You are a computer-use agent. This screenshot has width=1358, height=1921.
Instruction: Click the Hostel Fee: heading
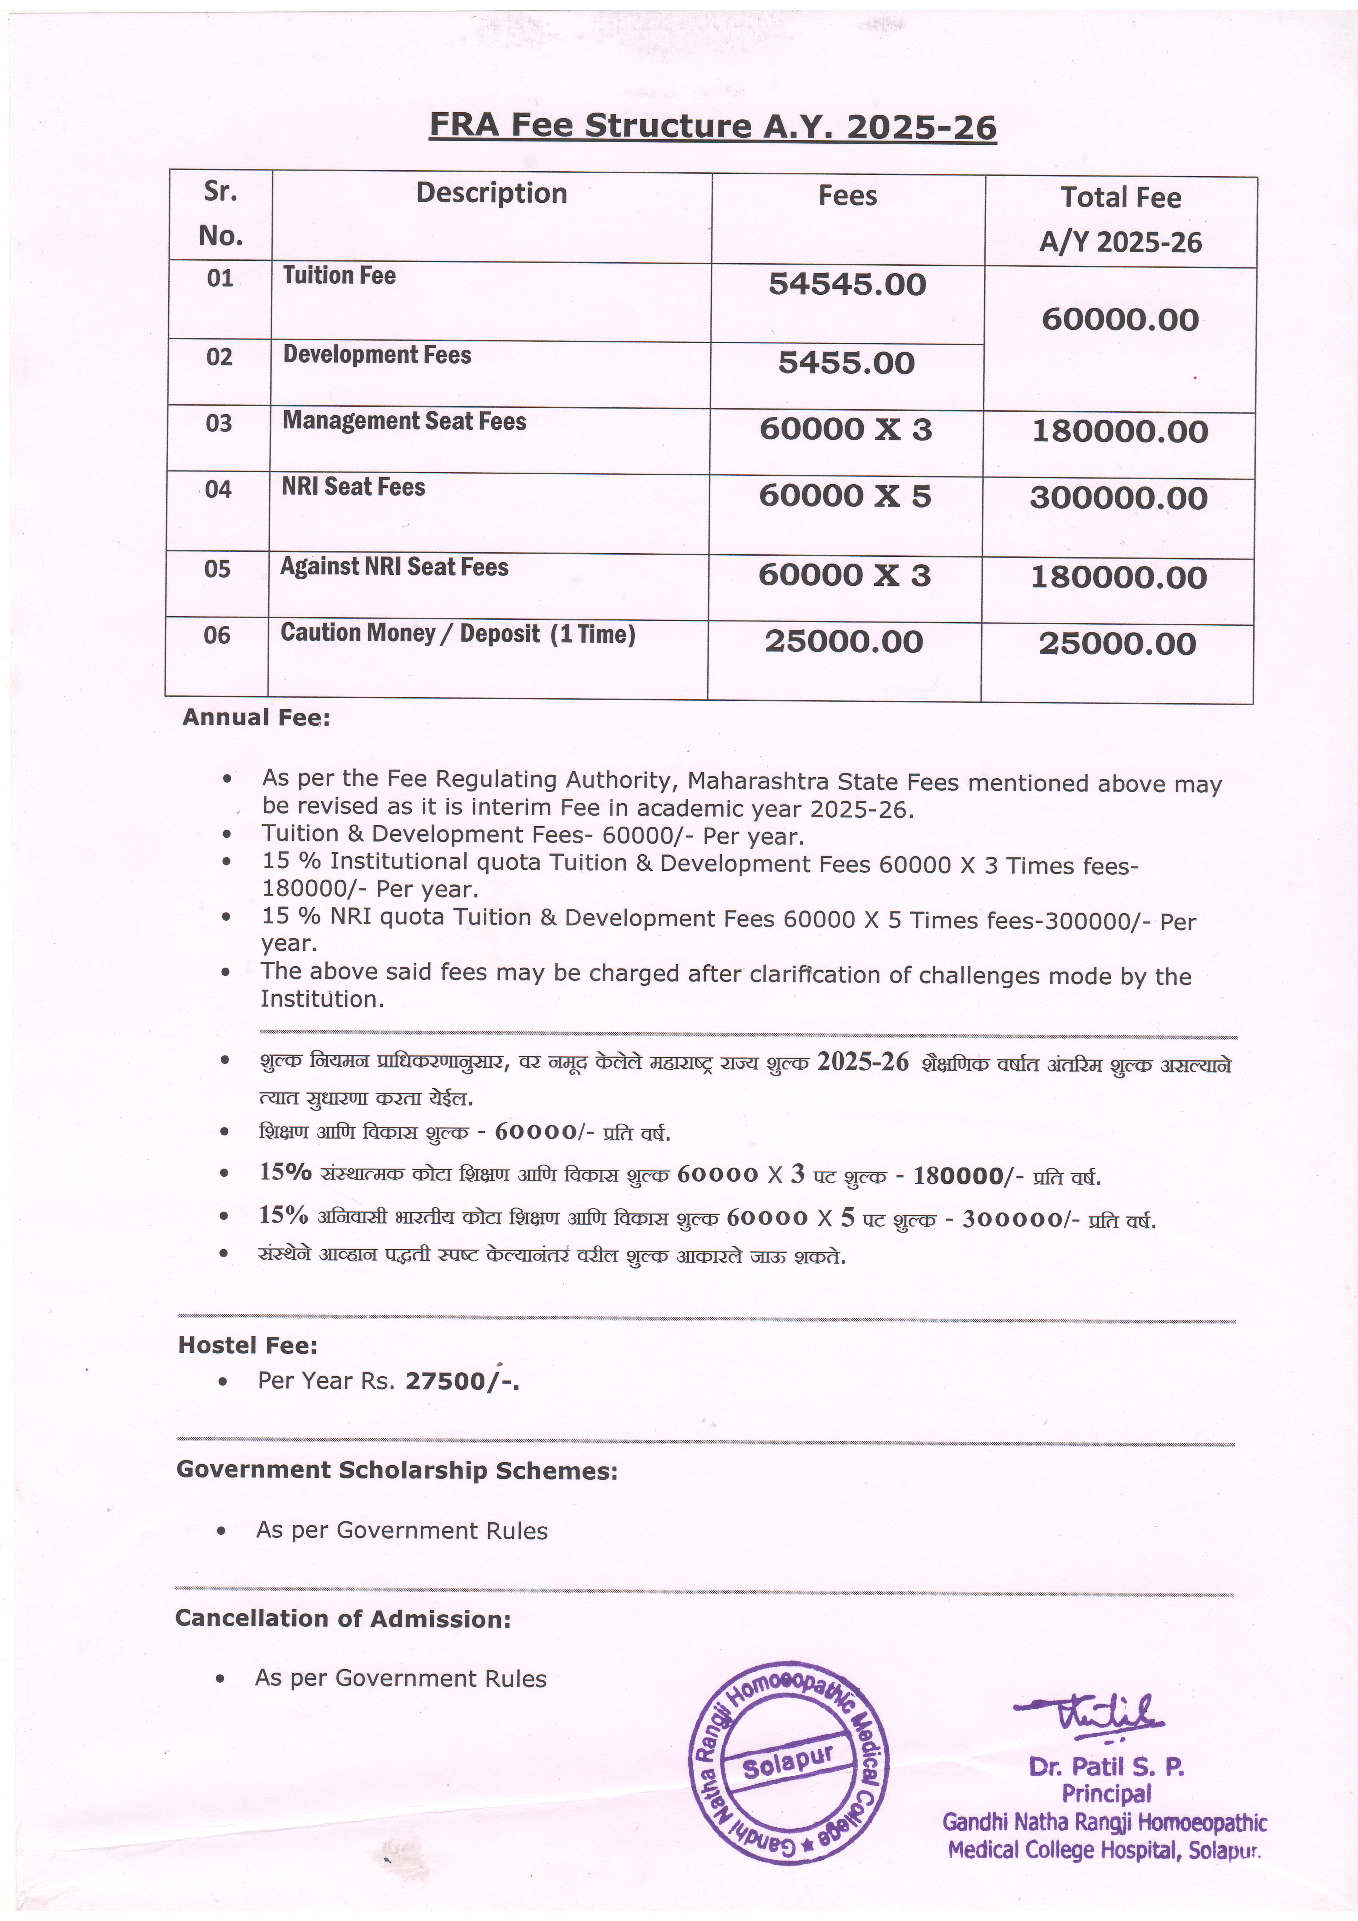coord(248,1345)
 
